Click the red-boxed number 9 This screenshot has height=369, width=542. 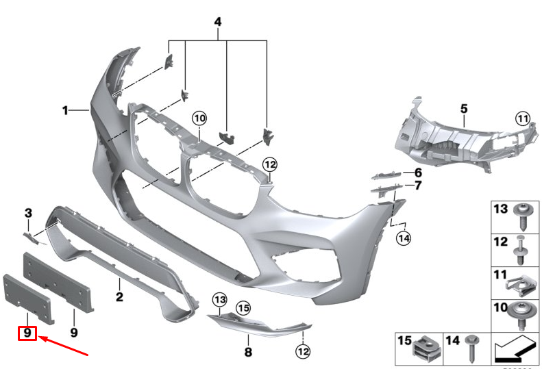(27, 333)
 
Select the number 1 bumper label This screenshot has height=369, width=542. (66, 110)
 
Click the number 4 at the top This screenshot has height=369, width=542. (218, 23)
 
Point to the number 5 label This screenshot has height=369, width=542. (464, 108)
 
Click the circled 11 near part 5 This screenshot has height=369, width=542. (523, 118)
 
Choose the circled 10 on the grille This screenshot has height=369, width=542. (199, 118)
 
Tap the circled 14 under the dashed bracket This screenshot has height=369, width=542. (403, 238)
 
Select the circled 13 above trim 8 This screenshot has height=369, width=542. (219, 299)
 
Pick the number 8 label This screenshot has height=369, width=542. (248, 353)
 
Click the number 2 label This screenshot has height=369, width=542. (119, 297)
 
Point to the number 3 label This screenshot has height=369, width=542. (29, 213)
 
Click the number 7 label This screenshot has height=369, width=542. (417, 186)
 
